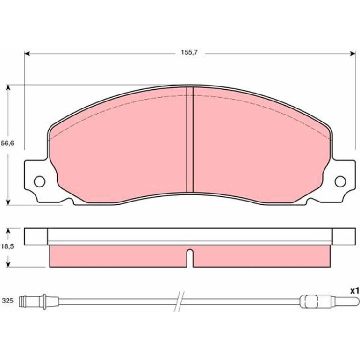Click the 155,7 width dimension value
coord(189,52)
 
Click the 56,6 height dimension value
coord(7,144)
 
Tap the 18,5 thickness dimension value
coord(7,246)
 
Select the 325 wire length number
coord(7,301)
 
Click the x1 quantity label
coord(354,291)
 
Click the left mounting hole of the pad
coord(39,181)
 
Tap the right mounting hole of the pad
coord(340,181)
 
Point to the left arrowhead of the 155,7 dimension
coord(27,54)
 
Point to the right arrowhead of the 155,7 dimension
coord(353,54)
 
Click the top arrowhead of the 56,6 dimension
coord(8,88)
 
